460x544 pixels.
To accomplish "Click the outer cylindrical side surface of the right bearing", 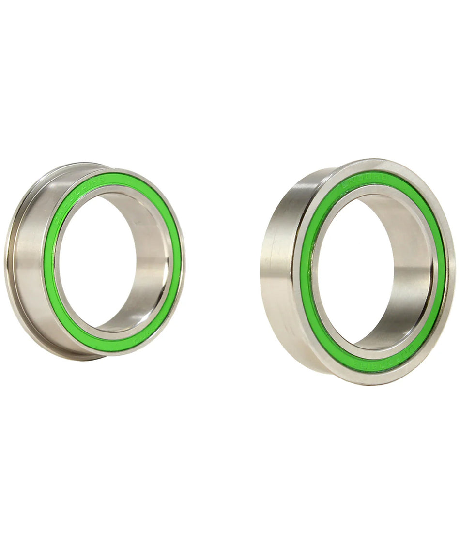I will tap(278, 271).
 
